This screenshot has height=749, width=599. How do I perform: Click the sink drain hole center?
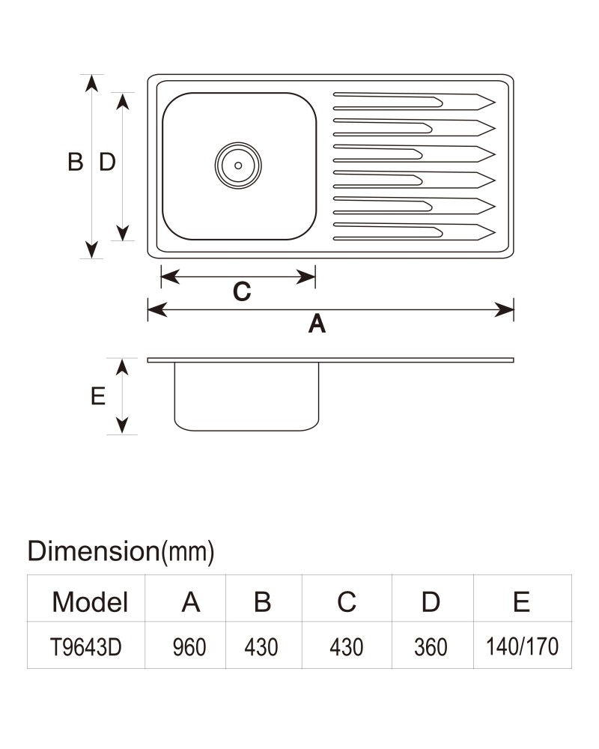point(238,166)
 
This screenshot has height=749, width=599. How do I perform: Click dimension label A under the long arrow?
point(317,324)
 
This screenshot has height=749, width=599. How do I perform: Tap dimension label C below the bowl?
point(242,291)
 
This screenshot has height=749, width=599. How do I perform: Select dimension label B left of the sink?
point(76,162)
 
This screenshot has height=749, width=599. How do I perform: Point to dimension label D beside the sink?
point(108,162)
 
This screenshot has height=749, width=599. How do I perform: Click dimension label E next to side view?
point(98,396)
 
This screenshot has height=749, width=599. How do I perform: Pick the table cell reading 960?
point(189,647)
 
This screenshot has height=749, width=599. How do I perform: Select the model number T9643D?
point(86,647)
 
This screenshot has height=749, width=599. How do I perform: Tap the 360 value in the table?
point(431,647)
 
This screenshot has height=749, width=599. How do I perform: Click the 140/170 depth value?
point(522,646)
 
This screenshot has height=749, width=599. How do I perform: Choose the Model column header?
point(90,601)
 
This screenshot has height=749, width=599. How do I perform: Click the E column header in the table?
point(521,601)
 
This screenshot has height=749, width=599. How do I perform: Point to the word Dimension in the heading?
point(93,551)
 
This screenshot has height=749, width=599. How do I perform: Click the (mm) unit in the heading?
point(187,552)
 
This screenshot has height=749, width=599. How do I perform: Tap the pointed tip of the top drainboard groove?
point(495,102)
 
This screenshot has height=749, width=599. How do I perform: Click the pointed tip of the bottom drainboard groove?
point(495,232)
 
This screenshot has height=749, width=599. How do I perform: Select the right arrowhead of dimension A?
point(505,309)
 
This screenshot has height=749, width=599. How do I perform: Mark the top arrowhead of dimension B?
point(91,83)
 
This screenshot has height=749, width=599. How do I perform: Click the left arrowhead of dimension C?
point(170,276)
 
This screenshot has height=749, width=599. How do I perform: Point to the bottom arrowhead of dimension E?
point(122,425)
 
